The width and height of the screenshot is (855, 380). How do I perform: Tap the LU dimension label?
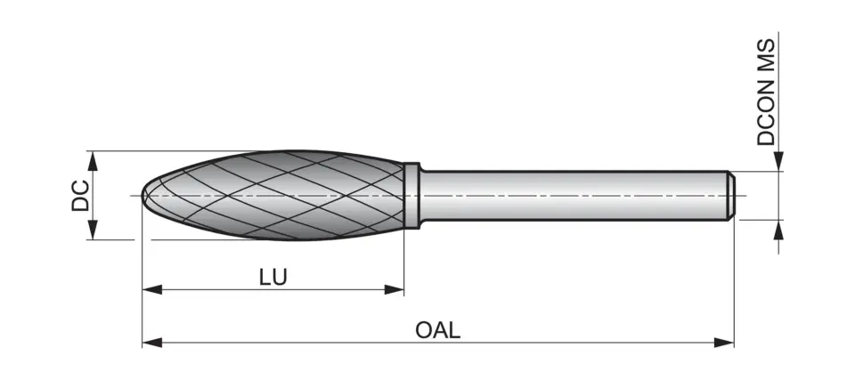tap(273, 277)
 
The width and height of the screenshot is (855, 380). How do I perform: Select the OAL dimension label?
tap(438, 330)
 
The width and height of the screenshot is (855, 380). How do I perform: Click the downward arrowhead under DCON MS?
tap(778, 161)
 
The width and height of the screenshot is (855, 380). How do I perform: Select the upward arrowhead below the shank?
tap(778, 230)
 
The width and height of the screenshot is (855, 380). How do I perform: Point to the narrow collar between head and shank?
tap(411, 195)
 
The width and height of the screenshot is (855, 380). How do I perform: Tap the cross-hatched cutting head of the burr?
tap(276, 195)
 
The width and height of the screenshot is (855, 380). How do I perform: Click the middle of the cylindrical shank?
tap(570, 195)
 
